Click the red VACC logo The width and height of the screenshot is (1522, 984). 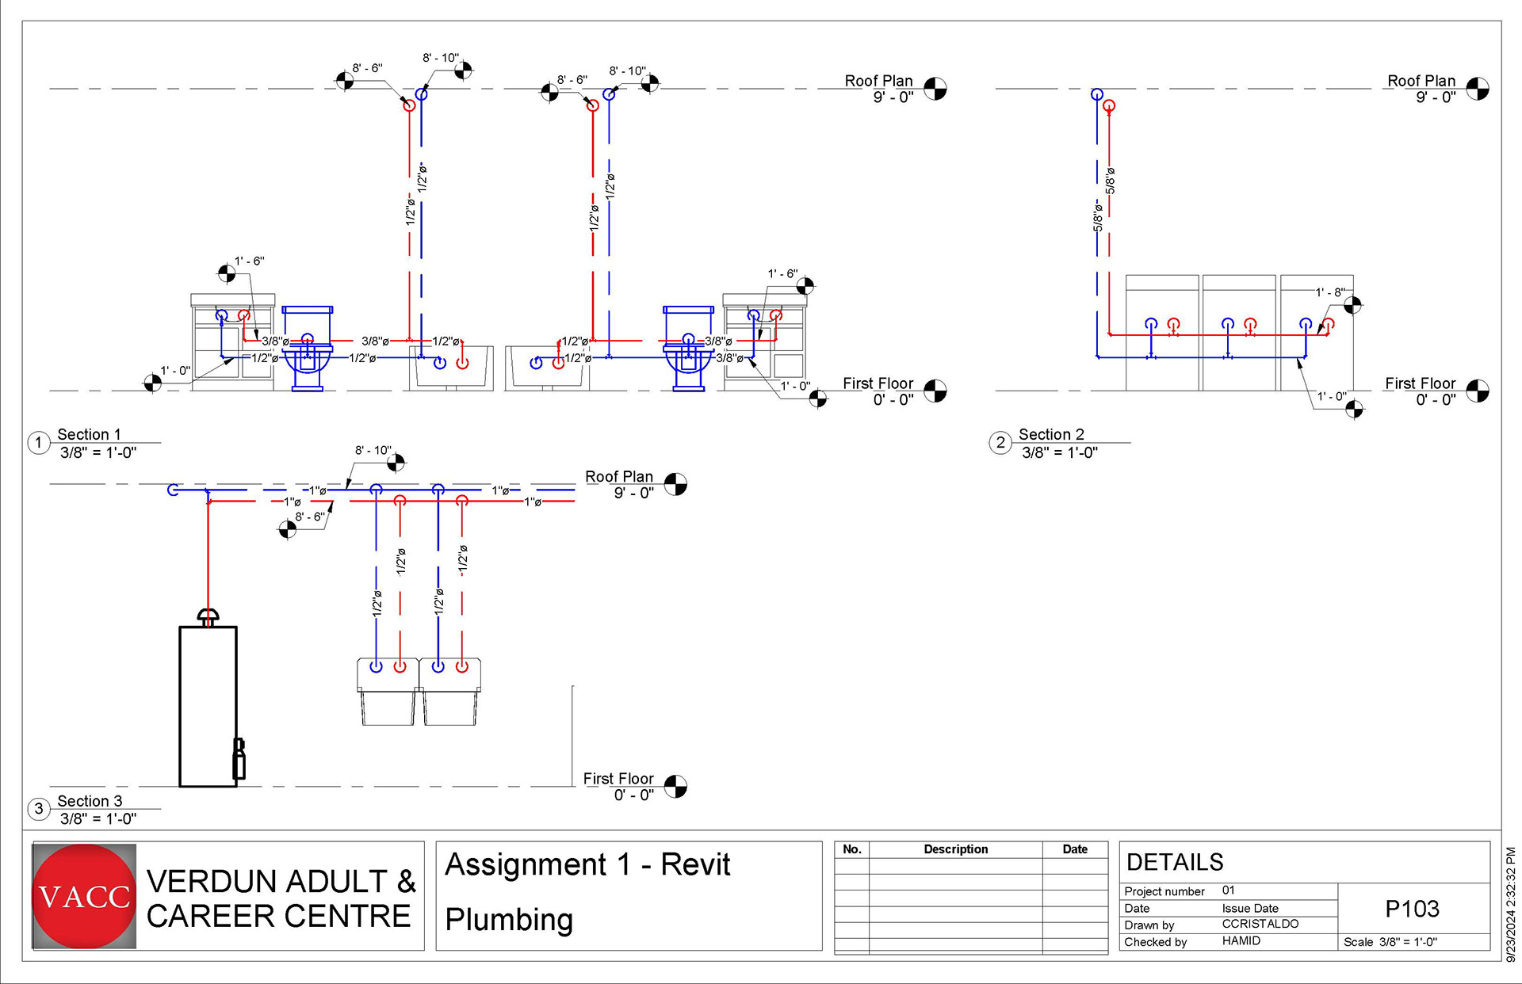pos(84,896)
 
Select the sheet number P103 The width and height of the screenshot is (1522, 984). pos(1412,909)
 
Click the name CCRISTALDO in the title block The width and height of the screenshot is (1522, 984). pos(1260,924)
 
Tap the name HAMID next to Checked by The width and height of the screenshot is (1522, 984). pos(1241,940)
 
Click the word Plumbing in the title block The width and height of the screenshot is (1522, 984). pos(509,920)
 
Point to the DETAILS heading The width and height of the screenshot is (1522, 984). pos(1175,862)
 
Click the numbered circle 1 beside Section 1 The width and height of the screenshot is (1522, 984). pos(39,442)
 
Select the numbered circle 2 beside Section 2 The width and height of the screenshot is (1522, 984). pos(1000,442)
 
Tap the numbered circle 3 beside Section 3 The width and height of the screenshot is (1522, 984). pos(39,808)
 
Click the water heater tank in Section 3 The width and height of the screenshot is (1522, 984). pos(208,705)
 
